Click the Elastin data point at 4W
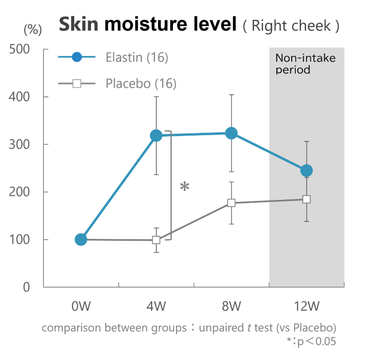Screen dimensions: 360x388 [156, 135]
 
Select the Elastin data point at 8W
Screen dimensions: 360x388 [231, 133]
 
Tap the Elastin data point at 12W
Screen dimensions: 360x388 [307, 170]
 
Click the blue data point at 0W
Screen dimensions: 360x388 [81, 239]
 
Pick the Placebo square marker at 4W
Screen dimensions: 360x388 [156, 240]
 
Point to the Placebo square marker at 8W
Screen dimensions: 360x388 [231, 203]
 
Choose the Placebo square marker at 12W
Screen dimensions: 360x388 [307, 199]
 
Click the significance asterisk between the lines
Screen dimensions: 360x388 [184, 187]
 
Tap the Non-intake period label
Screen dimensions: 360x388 [305, 63]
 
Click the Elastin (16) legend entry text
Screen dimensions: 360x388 [137, 58]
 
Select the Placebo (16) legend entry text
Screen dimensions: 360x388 [141, 84]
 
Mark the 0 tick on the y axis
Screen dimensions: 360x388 [26, 287]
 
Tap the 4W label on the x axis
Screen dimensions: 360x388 [156, 307]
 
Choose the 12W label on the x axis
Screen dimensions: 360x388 [307, 307]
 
